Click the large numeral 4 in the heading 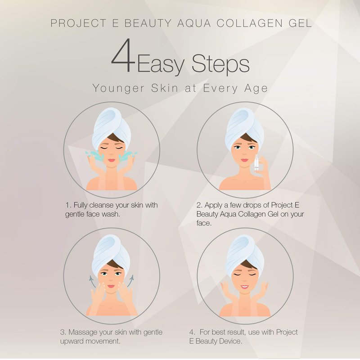(x=123, y=55)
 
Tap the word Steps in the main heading (x=220, y=64)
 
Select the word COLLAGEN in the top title (x=250, y=23)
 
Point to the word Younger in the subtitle (x=118, y=89)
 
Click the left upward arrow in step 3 (x=92, y=281)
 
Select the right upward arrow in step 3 (x=130, y=281)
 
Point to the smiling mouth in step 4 (x=244, y=287)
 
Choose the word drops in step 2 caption (x=256, y=205)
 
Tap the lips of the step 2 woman (x=244, y=160)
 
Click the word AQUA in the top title (x=194, y=23)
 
